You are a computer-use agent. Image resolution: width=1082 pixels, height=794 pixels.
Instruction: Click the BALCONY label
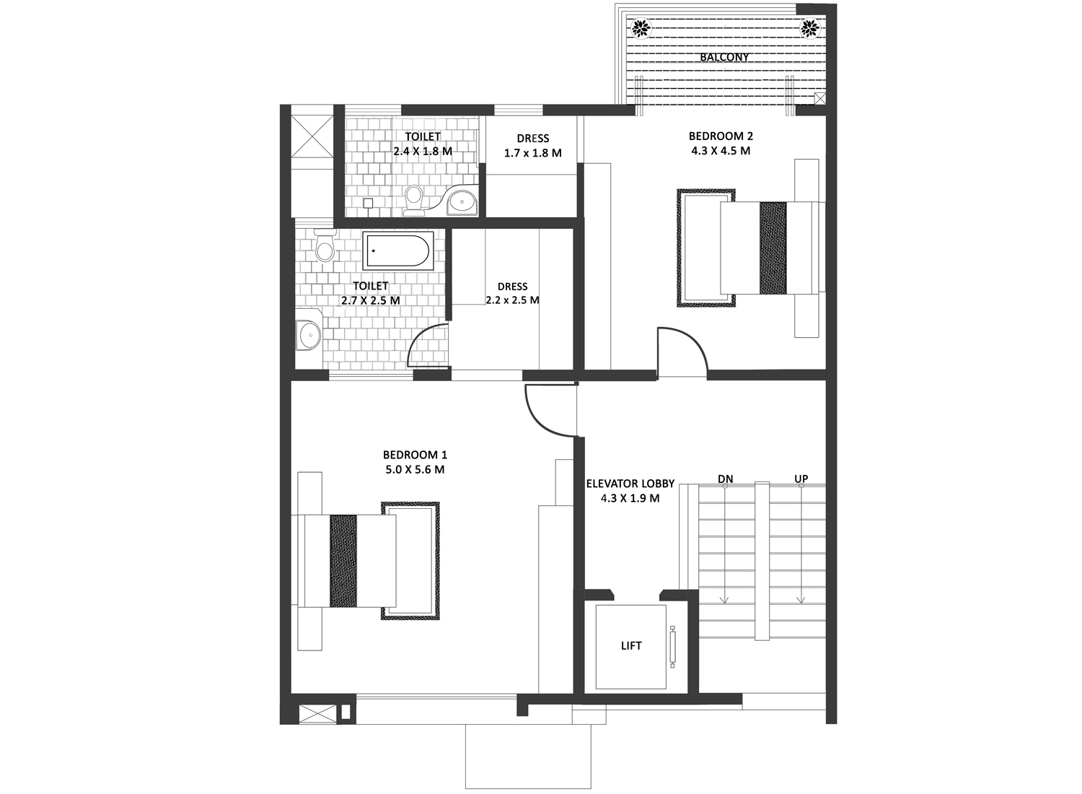724,57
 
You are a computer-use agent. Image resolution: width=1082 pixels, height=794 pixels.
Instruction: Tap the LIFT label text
631,645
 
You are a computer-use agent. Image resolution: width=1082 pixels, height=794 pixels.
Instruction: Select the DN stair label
725,479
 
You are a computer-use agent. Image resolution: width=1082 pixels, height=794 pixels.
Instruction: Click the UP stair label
801,479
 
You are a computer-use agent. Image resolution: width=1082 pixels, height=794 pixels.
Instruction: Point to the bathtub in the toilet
397,250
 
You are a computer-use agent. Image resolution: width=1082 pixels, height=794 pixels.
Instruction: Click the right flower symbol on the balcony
810,28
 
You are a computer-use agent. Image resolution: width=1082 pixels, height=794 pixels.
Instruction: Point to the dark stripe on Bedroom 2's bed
773,248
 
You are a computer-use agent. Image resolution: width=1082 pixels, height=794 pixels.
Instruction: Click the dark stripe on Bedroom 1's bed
343,561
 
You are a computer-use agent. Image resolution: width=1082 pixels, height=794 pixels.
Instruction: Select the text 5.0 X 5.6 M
415,469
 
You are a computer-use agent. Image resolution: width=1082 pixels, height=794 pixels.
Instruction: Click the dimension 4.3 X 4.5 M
721,151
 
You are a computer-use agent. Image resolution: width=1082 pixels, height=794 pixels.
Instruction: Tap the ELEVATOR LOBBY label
630,484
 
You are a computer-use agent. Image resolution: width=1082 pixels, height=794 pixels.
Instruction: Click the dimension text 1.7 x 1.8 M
533,153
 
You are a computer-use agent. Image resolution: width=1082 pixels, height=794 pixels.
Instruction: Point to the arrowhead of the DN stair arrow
724,601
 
